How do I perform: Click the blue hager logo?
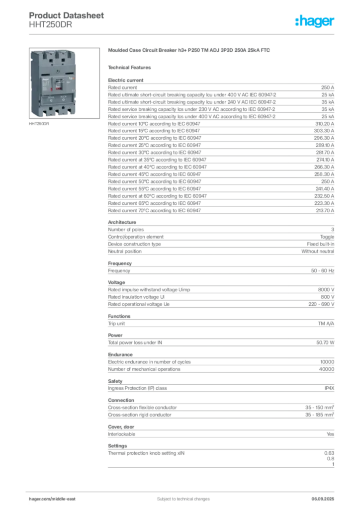[315, 22]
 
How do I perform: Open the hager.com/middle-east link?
[55, 499]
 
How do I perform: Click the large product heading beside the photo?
[189, 51]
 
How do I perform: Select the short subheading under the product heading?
[131, 68]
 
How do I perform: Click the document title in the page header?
[67, 15]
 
